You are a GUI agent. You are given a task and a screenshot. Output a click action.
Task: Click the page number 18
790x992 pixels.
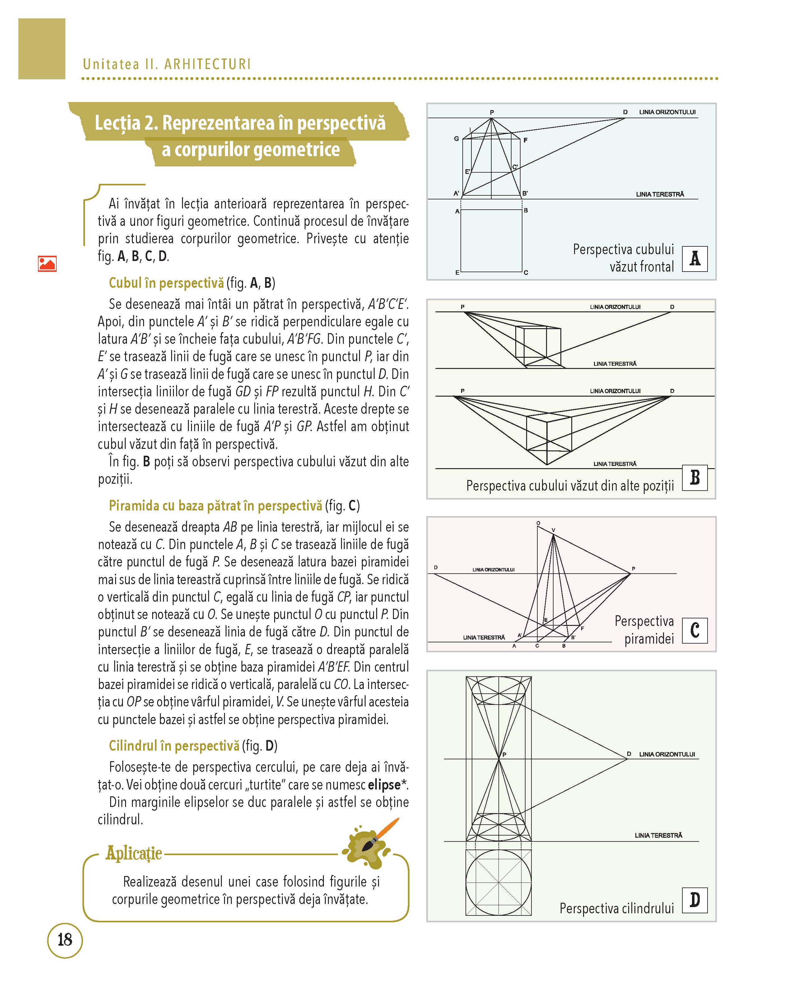[x=65, y=939]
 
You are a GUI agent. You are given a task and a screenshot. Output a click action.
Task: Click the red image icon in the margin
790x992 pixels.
[x=47, y=264]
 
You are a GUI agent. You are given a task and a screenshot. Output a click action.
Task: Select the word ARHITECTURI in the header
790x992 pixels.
[x=208, y=64]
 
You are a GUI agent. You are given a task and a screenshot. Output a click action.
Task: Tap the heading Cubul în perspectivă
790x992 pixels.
[x=166, y=283]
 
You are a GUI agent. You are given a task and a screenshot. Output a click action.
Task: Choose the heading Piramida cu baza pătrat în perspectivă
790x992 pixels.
[x=215, y=506]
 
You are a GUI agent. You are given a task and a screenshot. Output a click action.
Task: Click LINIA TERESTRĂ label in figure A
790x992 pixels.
[x=660, y=194]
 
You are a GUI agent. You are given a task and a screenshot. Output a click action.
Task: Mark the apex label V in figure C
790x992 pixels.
[x=554, y=530]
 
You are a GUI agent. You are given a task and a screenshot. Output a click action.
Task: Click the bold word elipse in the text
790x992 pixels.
[x=384, y=785]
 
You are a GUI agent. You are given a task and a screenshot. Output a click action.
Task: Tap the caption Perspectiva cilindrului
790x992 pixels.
[x=617, y=908]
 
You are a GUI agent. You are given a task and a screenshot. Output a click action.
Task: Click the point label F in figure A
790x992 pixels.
[x=526, y=140]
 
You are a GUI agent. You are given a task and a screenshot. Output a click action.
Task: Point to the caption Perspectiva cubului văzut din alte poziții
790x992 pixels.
[x=570, y=486]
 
